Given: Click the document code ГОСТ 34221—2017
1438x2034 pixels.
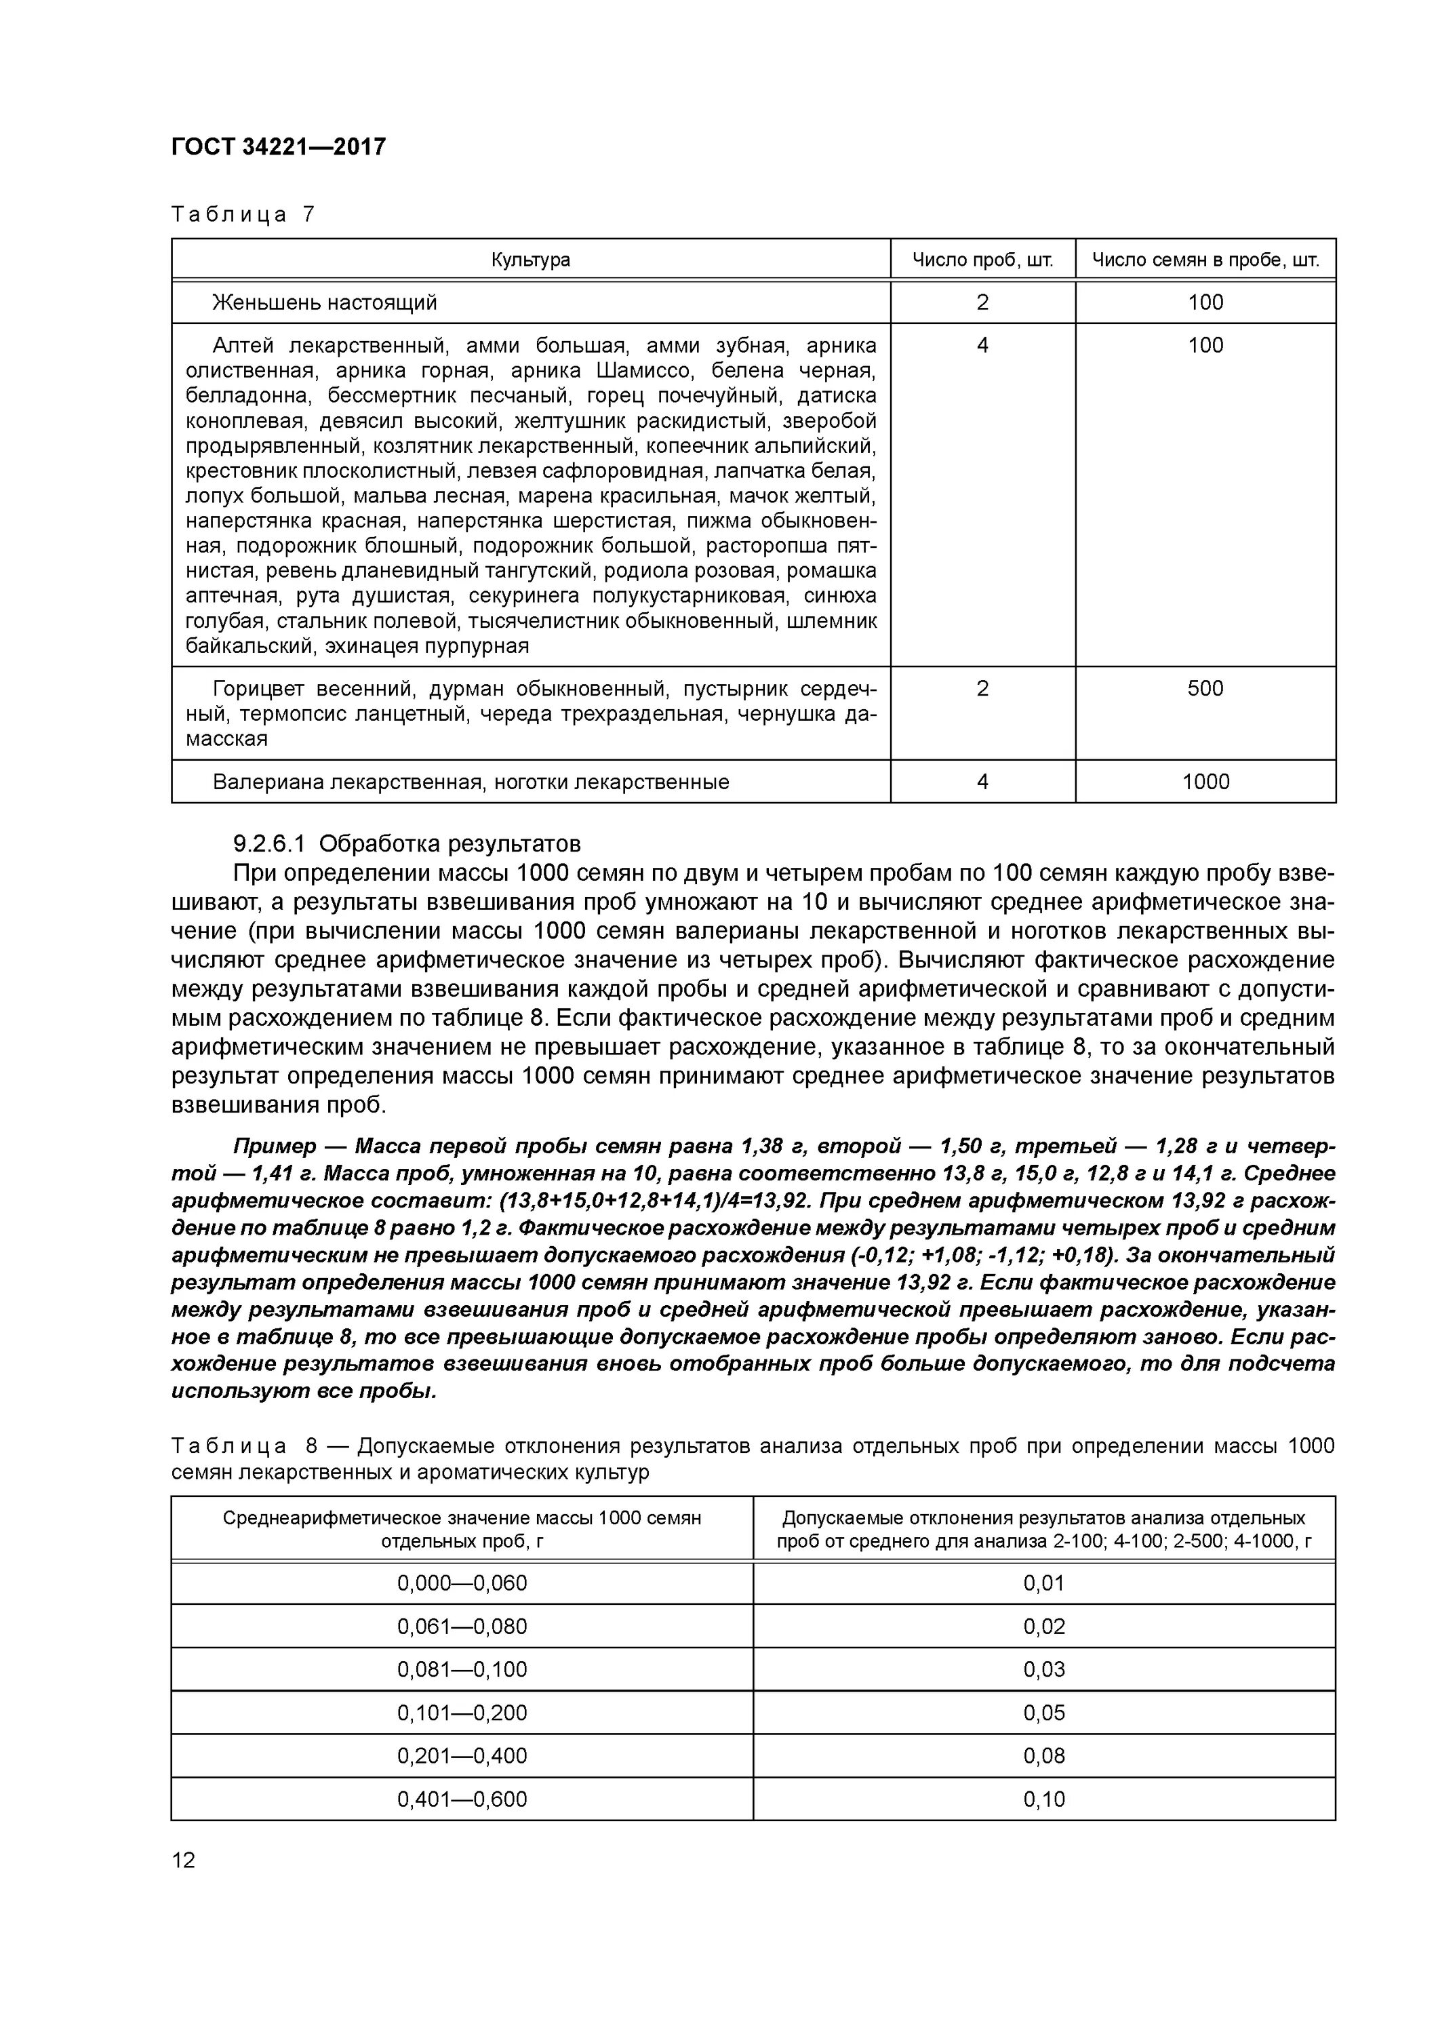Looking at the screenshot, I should point(278,147).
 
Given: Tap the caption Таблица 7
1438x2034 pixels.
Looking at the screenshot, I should point(243,214).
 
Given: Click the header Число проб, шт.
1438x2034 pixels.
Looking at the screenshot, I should point(982,260).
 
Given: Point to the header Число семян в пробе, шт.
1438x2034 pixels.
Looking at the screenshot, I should point(1205,260).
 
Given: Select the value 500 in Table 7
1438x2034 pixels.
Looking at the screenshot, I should point(1205,688).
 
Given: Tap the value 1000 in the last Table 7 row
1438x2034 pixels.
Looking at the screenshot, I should point(1205,781).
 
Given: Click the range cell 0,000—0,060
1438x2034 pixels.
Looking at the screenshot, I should point(462,1583).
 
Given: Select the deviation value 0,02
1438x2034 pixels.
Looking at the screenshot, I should point(1043,1627).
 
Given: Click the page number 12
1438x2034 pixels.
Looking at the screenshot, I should point(184,1860).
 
